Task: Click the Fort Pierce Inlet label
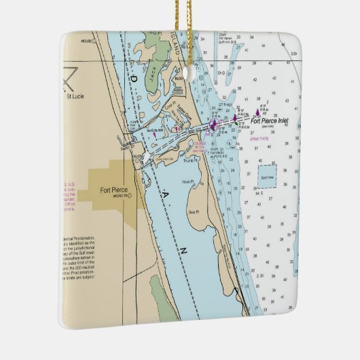270,122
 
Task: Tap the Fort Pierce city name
113,190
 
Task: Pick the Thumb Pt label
190,161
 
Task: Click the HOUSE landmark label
87,41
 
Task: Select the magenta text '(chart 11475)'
259,139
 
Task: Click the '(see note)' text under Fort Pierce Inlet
268,128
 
